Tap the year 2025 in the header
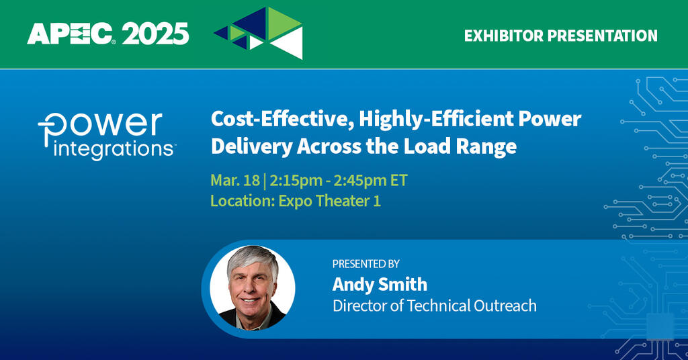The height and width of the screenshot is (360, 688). (155, 34)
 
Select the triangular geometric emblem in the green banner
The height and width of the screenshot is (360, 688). (259, 33)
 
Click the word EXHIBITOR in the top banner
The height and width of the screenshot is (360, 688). (503, 36)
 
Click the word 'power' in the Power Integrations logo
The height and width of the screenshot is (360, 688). (101, 126)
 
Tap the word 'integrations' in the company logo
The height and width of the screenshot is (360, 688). (113, 150)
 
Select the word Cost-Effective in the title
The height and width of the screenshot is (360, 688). (283, 120)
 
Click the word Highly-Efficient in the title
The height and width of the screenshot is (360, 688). (436, 120)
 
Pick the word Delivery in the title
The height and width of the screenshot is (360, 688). (251, 147)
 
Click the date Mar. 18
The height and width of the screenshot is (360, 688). (235, 180)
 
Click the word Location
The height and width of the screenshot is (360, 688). (242, 201)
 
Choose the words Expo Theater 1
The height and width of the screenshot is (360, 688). (329, 201)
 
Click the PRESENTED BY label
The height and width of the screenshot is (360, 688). (366, 264)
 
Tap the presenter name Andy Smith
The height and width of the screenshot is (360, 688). (380, 284)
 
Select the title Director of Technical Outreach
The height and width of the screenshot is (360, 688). (435, 306)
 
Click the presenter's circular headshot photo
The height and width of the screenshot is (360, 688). (253, 288)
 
